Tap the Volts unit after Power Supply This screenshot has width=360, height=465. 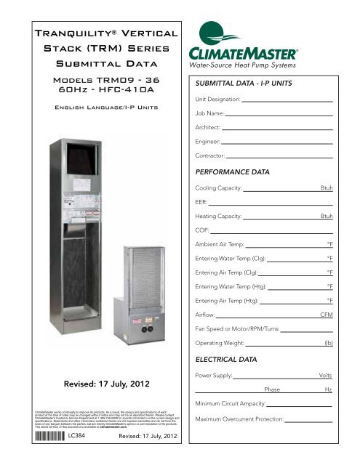pos(326,376)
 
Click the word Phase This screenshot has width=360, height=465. pos(273,390)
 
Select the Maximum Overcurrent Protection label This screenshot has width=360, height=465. pos(242,420)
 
